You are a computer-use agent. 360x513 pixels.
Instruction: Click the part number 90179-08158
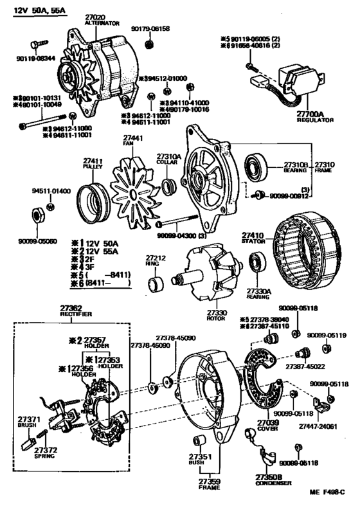153,30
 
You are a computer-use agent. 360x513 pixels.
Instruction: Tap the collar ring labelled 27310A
169,187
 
